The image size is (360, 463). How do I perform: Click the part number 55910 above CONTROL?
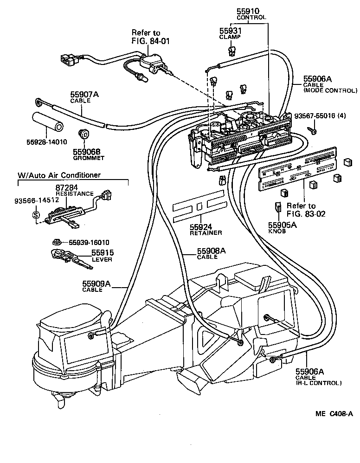click(248, 11)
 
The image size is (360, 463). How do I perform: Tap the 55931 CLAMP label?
click(230, 32)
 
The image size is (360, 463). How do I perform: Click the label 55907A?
click(85, 94)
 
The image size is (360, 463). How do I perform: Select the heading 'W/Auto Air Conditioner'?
click(59, 175)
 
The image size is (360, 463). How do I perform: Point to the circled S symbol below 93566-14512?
click(36, 215)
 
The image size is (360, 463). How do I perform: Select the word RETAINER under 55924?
click(206, 232)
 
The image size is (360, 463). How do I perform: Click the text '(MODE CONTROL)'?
click(330, 90)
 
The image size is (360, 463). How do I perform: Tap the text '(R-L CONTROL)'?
click(319, 383)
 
